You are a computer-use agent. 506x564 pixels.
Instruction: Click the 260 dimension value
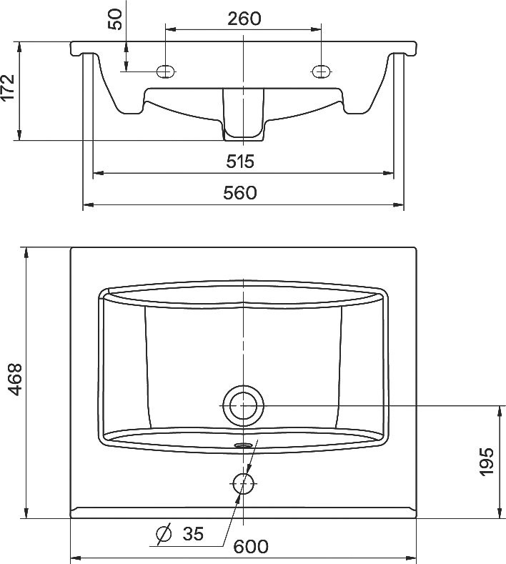(x=244, y=18)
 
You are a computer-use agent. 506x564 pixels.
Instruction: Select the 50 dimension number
(x=115, y=18)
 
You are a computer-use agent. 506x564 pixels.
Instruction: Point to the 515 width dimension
(x=240, y=162)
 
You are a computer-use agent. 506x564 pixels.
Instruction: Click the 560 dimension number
(x=240, y=193)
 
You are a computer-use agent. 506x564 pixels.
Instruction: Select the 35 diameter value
(x=193, y=533)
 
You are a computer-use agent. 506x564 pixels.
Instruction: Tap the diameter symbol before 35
(x=164, y=533)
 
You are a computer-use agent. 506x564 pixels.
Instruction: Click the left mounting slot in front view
(x=166, y=70)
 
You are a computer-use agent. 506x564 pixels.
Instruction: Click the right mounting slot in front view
(x=321, y=70)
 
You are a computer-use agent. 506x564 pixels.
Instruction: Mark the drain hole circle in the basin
(x=244, y=405)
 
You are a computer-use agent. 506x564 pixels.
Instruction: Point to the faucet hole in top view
(x=244, y=483)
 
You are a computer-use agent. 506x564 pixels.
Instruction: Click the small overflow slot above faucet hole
(x=244, y=445)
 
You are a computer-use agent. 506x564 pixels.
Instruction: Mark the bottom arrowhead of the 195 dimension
(x=497, y=514)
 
